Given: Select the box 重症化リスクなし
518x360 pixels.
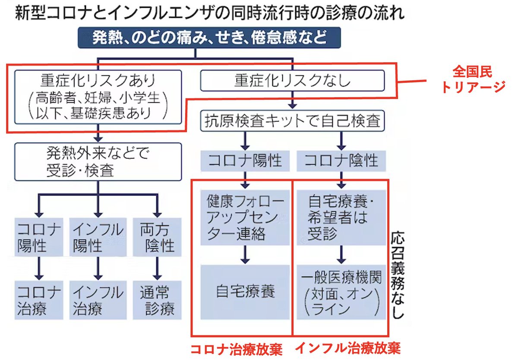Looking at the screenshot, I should [292, 81].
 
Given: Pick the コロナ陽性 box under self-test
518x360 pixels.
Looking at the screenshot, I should [245, 161].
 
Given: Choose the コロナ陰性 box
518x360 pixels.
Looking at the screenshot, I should [341, 161].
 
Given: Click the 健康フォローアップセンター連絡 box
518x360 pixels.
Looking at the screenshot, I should [245, 218].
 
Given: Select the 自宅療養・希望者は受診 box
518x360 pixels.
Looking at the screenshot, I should [341, 218].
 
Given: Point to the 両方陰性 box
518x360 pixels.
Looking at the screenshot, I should [157, 237].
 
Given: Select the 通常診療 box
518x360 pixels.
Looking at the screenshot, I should [157, 300].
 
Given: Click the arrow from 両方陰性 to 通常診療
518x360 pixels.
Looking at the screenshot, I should [157, 268].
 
